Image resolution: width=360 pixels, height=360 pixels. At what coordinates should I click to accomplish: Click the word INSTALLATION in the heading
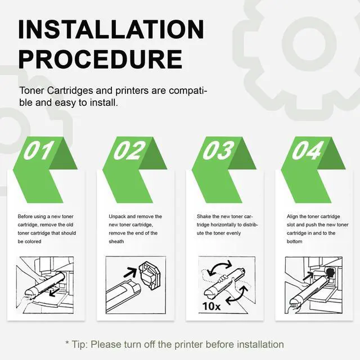(111, 29)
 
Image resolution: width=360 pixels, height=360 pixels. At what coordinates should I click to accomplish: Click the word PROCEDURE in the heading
(100, 59)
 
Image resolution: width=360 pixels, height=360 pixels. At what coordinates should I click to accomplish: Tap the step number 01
(39, 150)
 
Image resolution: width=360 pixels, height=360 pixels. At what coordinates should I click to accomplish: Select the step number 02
(129, 150)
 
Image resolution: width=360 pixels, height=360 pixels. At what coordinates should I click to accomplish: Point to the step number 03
(218, 150)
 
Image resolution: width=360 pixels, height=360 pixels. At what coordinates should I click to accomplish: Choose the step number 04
(308, 150)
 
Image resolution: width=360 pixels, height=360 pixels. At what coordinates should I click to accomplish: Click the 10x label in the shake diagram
(211, 306)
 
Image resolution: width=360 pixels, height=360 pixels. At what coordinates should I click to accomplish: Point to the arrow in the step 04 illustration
(308, 276)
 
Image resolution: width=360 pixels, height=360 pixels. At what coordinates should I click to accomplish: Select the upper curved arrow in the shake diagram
(219, 266)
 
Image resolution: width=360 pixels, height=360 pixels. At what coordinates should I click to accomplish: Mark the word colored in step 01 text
(33, 241)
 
